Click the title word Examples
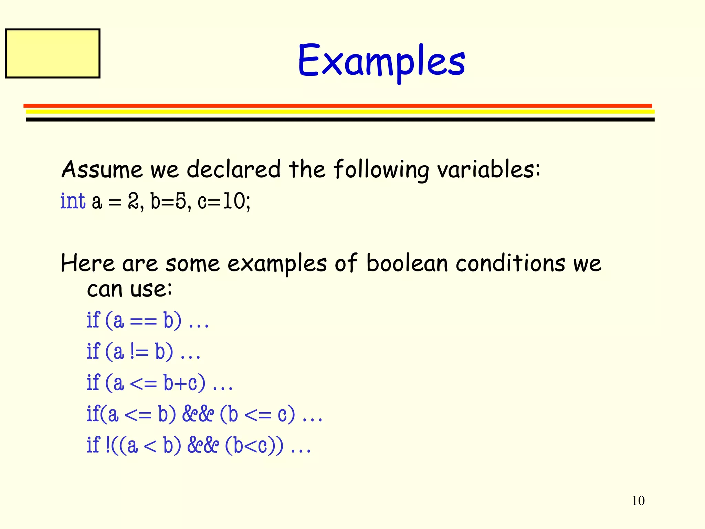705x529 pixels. coord(381,61)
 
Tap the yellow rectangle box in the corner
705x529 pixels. coord(53,53)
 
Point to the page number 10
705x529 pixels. coord(638,501)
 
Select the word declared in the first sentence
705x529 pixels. coord(233,169)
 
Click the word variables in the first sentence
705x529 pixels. coord(488,169)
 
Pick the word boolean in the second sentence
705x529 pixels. coord(407,263)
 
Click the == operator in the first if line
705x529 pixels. coord(144,322)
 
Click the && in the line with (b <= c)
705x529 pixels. coord(198,414)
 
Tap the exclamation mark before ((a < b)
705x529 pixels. coord(108,445)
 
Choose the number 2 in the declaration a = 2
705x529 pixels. coord(133,201)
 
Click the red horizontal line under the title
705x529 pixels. coord(337,106)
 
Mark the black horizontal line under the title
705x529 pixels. coord(340,120)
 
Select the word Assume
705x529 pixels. coord(102,169)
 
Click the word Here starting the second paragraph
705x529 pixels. coord(87,263)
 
